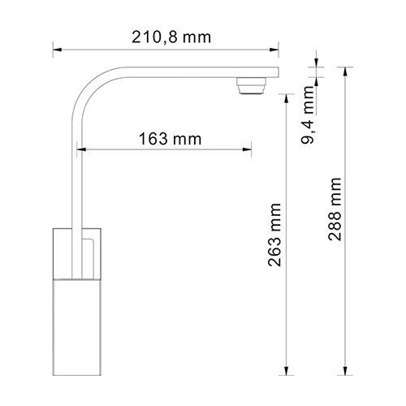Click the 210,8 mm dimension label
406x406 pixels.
pos(171,37)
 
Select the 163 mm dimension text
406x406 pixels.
pos(170,139)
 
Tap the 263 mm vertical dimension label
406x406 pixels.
pos(274,235)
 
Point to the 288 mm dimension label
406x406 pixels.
pos(335,209)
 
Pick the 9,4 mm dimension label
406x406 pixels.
pos(308,114)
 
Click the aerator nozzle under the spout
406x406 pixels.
pos(252,85)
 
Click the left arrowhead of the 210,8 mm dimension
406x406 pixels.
pos(58,50)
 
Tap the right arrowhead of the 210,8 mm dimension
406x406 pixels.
pos(274,50)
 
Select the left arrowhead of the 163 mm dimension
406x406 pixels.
pos(81,149)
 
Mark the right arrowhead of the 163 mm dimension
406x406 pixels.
pos(247,149)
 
